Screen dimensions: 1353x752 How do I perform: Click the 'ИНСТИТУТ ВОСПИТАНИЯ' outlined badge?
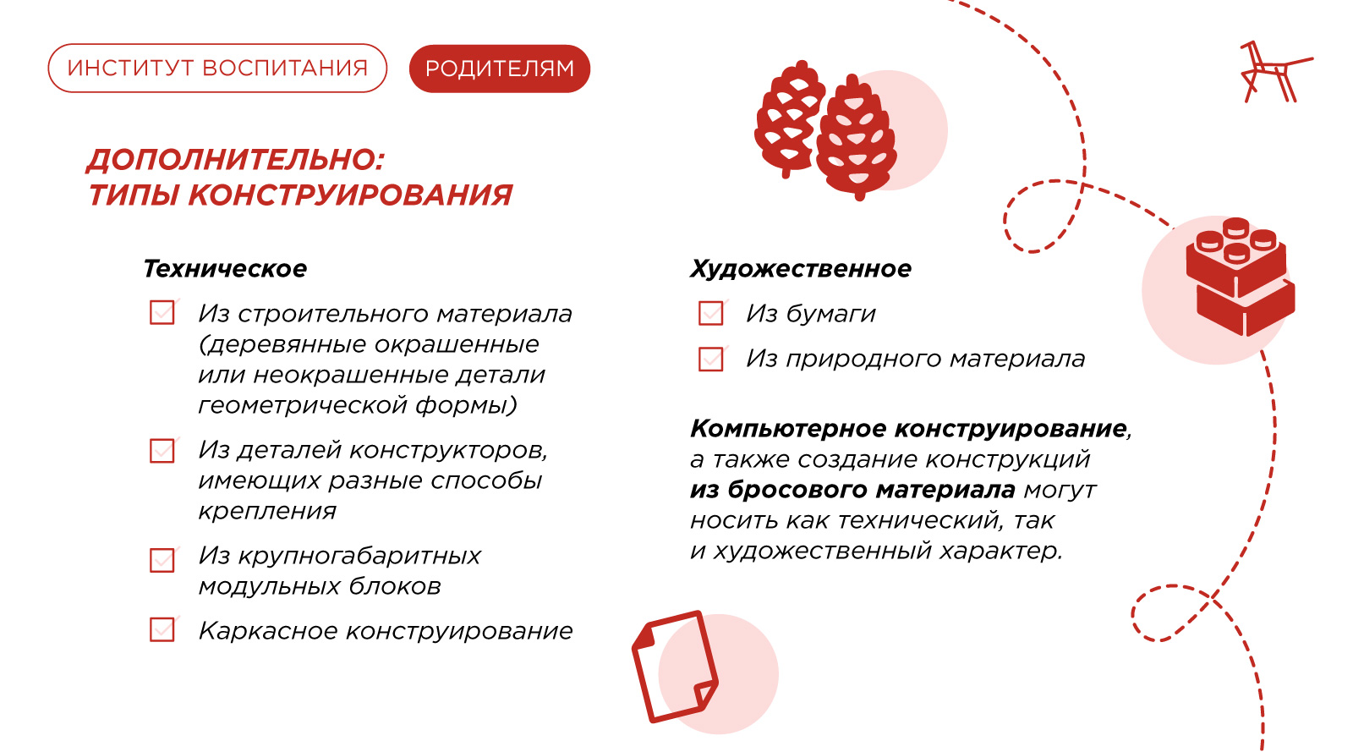217,68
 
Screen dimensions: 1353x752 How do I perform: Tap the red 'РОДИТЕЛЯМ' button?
500,69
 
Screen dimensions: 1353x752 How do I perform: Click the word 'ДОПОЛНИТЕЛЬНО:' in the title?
236,160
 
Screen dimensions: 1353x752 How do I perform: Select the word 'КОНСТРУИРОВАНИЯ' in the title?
350,195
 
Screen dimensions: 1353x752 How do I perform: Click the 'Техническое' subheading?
225,269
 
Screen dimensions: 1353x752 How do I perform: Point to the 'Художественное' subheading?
800,269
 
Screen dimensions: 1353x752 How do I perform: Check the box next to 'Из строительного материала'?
162,312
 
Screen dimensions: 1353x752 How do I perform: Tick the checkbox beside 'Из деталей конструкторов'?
162,451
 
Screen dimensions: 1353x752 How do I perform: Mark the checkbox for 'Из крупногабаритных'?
162,559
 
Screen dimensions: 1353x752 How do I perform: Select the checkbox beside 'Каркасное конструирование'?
162,628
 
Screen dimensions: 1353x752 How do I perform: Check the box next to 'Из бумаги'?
711,313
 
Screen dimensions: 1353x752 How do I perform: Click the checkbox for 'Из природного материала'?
711,359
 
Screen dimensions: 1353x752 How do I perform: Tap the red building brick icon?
1240,277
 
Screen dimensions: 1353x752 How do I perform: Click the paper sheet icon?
675,667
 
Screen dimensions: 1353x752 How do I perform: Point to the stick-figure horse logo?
1276,71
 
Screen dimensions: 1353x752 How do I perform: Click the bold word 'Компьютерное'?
788,429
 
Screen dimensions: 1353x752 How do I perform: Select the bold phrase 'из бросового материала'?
852,490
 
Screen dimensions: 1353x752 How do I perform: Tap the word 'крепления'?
267,512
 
